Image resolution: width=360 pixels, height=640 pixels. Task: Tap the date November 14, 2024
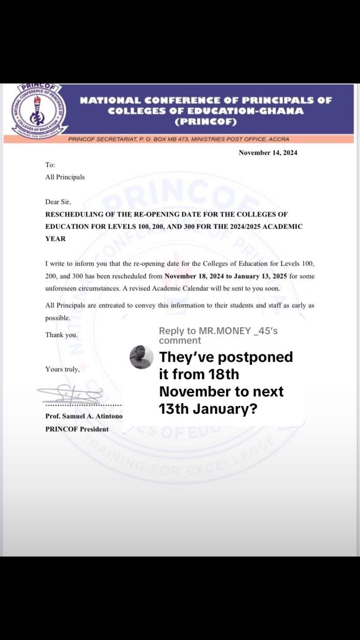[x=268, y=153]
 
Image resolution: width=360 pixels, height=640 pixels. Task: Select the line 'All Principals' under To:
[x=65, y=177]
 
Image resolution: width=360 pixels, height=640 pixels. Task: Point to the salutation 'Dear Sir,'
[x=58, y=202]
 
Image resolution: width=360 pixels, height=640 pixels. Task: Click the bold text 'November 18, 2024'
[x=194, y=276]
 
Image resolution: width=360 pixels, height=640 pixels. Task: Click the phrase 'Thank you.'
[x=61, y=335]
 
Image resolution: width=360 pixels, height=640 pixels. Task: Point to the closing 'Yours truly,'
[x=63, y=369]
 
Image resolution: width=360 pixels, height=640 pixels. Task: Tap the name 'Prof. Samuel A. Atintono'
[x=83, y=416]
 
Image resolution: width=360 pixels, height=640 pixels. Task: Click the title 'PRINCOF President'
[x=77, y=429]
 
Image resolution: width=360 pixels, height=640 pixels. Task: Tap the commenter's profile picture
[x=142, y=357]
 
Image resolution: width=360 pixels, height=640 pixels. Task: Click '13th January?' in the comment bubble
[x=208, y=409]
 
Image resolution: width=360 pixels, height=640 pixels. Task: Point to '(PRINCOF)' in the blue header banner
[x=206, y=122]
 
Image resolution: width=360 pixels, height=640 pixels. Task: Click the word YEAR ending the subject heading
[x=56, y=239]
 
